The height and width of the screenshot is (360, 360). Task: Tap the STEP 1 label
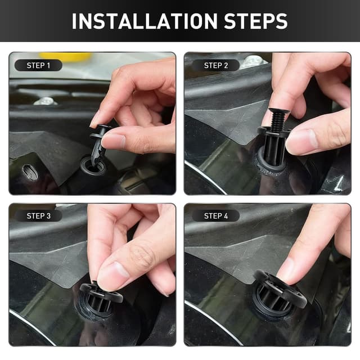pos(38,66)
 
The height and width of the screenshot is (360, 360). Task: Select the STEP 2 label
pos(216,66)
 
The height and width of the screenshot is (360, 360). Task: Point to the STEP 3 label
pos(38,216)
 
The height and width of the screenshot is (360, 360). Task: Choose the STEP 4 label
pos(216,216)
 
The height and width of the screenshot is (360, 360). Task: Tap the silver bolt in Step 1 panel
pos(45,101)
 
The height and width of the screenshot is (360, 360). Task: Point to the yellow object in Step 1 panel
pos(73,57)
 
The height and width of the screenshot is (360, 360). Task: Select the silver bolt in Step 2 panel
pos(254,61)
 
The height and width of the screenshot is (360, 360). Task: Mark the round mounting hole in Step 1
pos(92,166)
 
